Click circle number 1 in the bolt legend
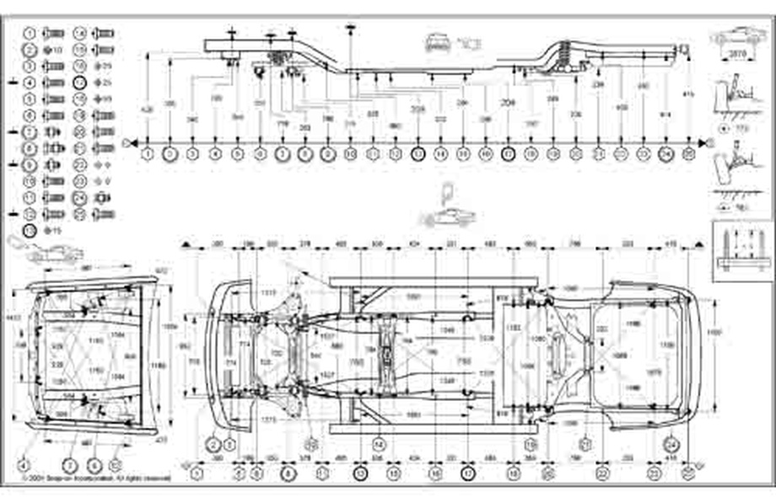30,33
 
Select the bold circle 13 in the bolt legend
30,229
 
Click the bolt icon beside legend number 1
52,33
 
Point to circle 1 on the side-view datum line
148,154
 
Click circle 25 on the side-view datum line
689,154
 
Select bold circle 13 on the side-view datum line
418,154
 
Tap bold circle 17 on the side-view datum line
508,154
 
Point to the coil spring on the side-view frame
563,61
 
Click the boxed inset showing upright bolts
742,249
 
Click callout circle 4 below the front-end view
24,464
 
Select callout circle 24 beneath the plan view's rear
672,444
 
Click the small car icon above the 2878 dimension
737,35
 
